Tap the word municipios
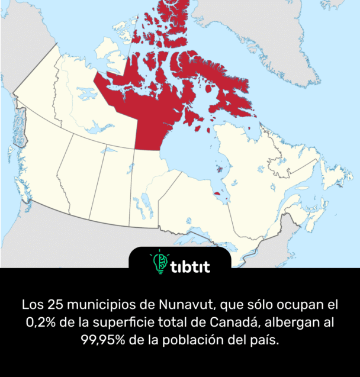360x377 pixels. (107, 306)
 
